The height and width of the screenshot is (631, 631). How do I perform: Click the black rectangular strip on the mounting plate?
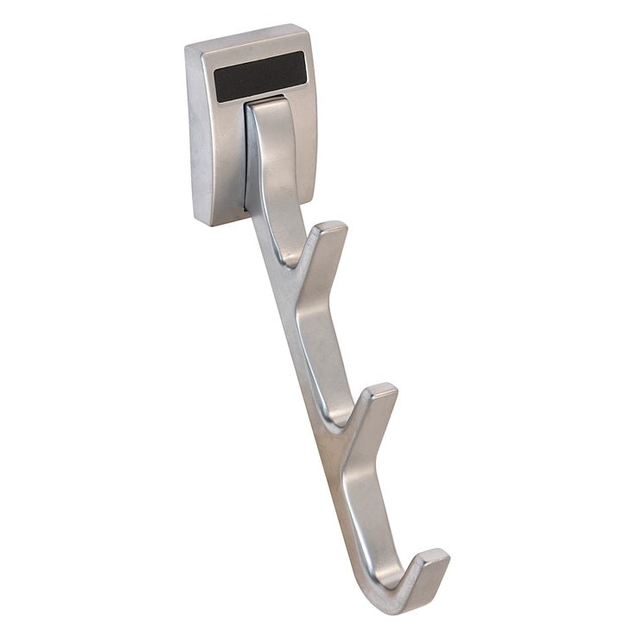coord(259,76)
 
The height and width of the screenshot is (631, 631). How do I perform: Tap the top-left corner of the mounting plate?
coord(188,45)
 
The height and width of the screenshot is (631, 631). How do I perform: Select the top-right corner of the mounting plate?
coord(306,28)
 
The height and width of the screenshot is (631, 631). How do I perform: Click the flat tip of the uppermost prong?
coord(329,229)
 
